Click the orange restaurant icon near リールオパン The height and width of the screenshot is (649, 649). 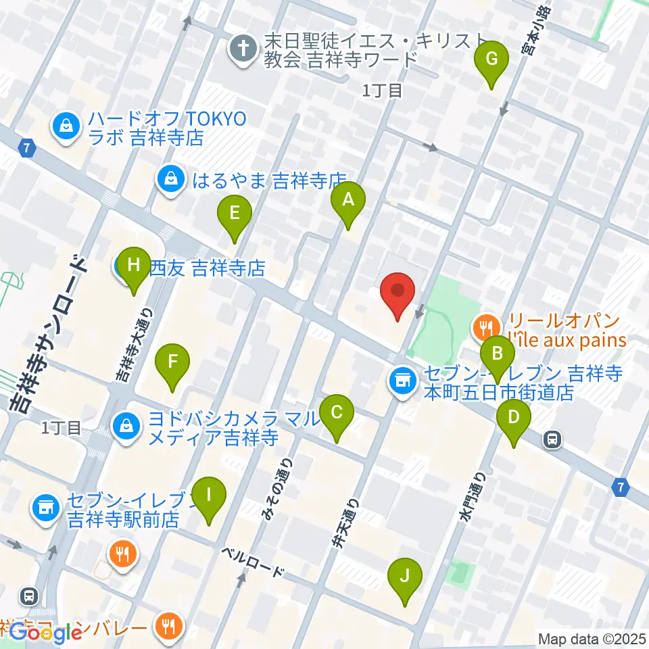coord(485,329)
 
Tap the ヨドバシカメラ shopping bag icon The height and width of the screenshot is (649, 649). coord(126,426)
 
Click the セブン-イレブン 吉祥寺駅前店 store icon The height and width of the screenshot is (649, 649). coord(46,505)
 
